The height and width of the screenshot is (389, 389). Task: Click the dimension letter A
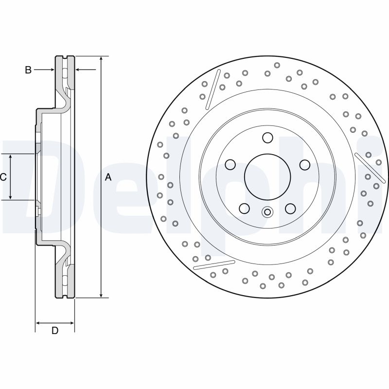[108, 177]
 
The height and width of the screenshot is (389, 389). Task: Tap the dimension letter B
[28, 71]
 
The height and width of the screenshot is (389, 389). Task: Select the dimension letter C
[3, 177]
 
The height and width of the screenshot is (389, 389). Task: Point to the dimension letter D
[55, 331]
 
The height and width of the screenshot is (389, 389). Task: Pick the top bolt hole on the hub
[267, 138]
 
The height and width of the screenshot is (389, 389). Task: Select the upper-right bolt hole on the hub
[304, 165]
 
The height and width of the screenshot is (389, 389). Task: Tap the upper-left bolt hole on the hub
[230, 165]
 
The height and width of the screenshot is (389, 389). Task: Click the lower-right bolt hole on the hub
[290, 209]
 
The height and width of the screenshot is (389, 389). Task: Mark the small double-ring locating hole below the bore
[267, 212]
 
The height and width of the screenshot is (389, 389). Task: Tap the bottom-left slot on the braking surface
[211, 265]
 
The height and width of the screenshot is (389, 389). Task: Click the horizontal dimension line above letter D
[55, 322]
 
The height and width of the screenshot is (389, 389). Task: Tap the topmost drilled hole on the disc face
[277, 65]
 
